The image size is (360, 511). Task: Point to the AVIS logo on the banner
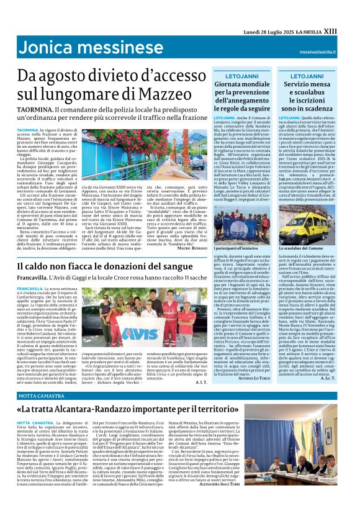tap(92, 330)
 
